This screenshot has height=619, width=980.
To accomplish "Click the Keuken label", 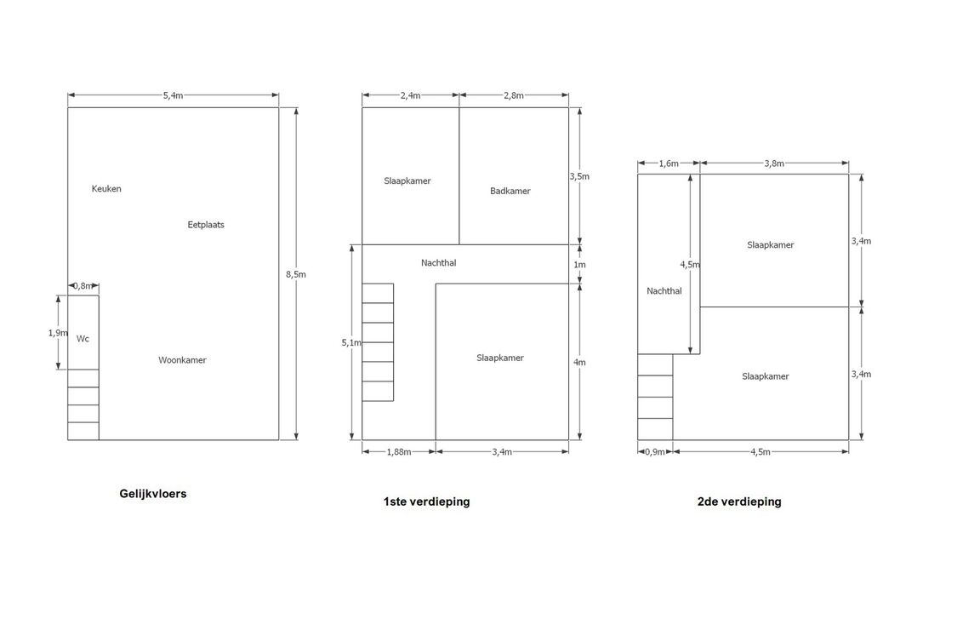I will tap(106, 189).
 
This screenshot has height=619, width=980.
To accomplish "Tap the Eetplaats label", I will tap(206, 225).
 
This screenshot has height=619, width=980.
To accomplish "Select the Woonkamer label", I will tap(182, 360).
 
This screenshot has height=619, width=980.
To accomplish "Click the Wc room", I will tap(83, 339).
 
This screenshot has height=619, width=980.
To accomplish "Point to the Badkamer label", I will tap(510, 191).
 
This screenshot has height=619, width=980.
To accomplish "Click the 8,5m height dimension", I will tap(295, 274).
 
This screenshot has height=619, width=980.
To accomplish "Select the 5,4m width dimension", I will tap(173, 95).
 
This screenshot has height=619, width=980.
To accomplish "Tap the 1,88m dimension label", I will tap(398, 452).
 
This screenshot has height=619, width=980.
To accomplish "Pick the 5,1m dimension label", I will tap(350, 342).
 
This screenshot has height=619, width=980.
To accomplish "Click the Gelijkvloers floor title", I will tap(153, 493).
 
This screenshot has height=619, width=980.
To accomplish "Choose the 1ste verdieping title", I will tap(426, 502).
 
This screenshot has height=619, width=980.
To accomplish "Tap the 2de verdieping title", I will tap(739, 502).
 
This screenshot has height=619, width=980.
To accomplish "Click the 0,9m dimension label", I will tap(654, 452).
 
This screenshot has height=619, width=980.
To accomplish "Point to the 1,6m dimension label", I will tap(669, 163).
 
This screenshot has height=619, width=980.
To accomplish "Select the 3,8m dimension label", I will tap(773, 163).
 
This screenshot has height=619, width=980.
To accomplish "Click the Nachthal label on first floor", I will tap(438, 263).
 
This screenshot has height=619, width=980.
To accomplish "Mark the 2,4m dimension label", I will tap(410, 95).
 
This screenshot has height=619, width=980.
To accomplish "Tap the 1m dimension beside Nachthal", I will tap(579, 264).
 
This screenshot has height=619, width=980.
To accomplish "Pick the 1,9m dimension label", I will tap(58, 333).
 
